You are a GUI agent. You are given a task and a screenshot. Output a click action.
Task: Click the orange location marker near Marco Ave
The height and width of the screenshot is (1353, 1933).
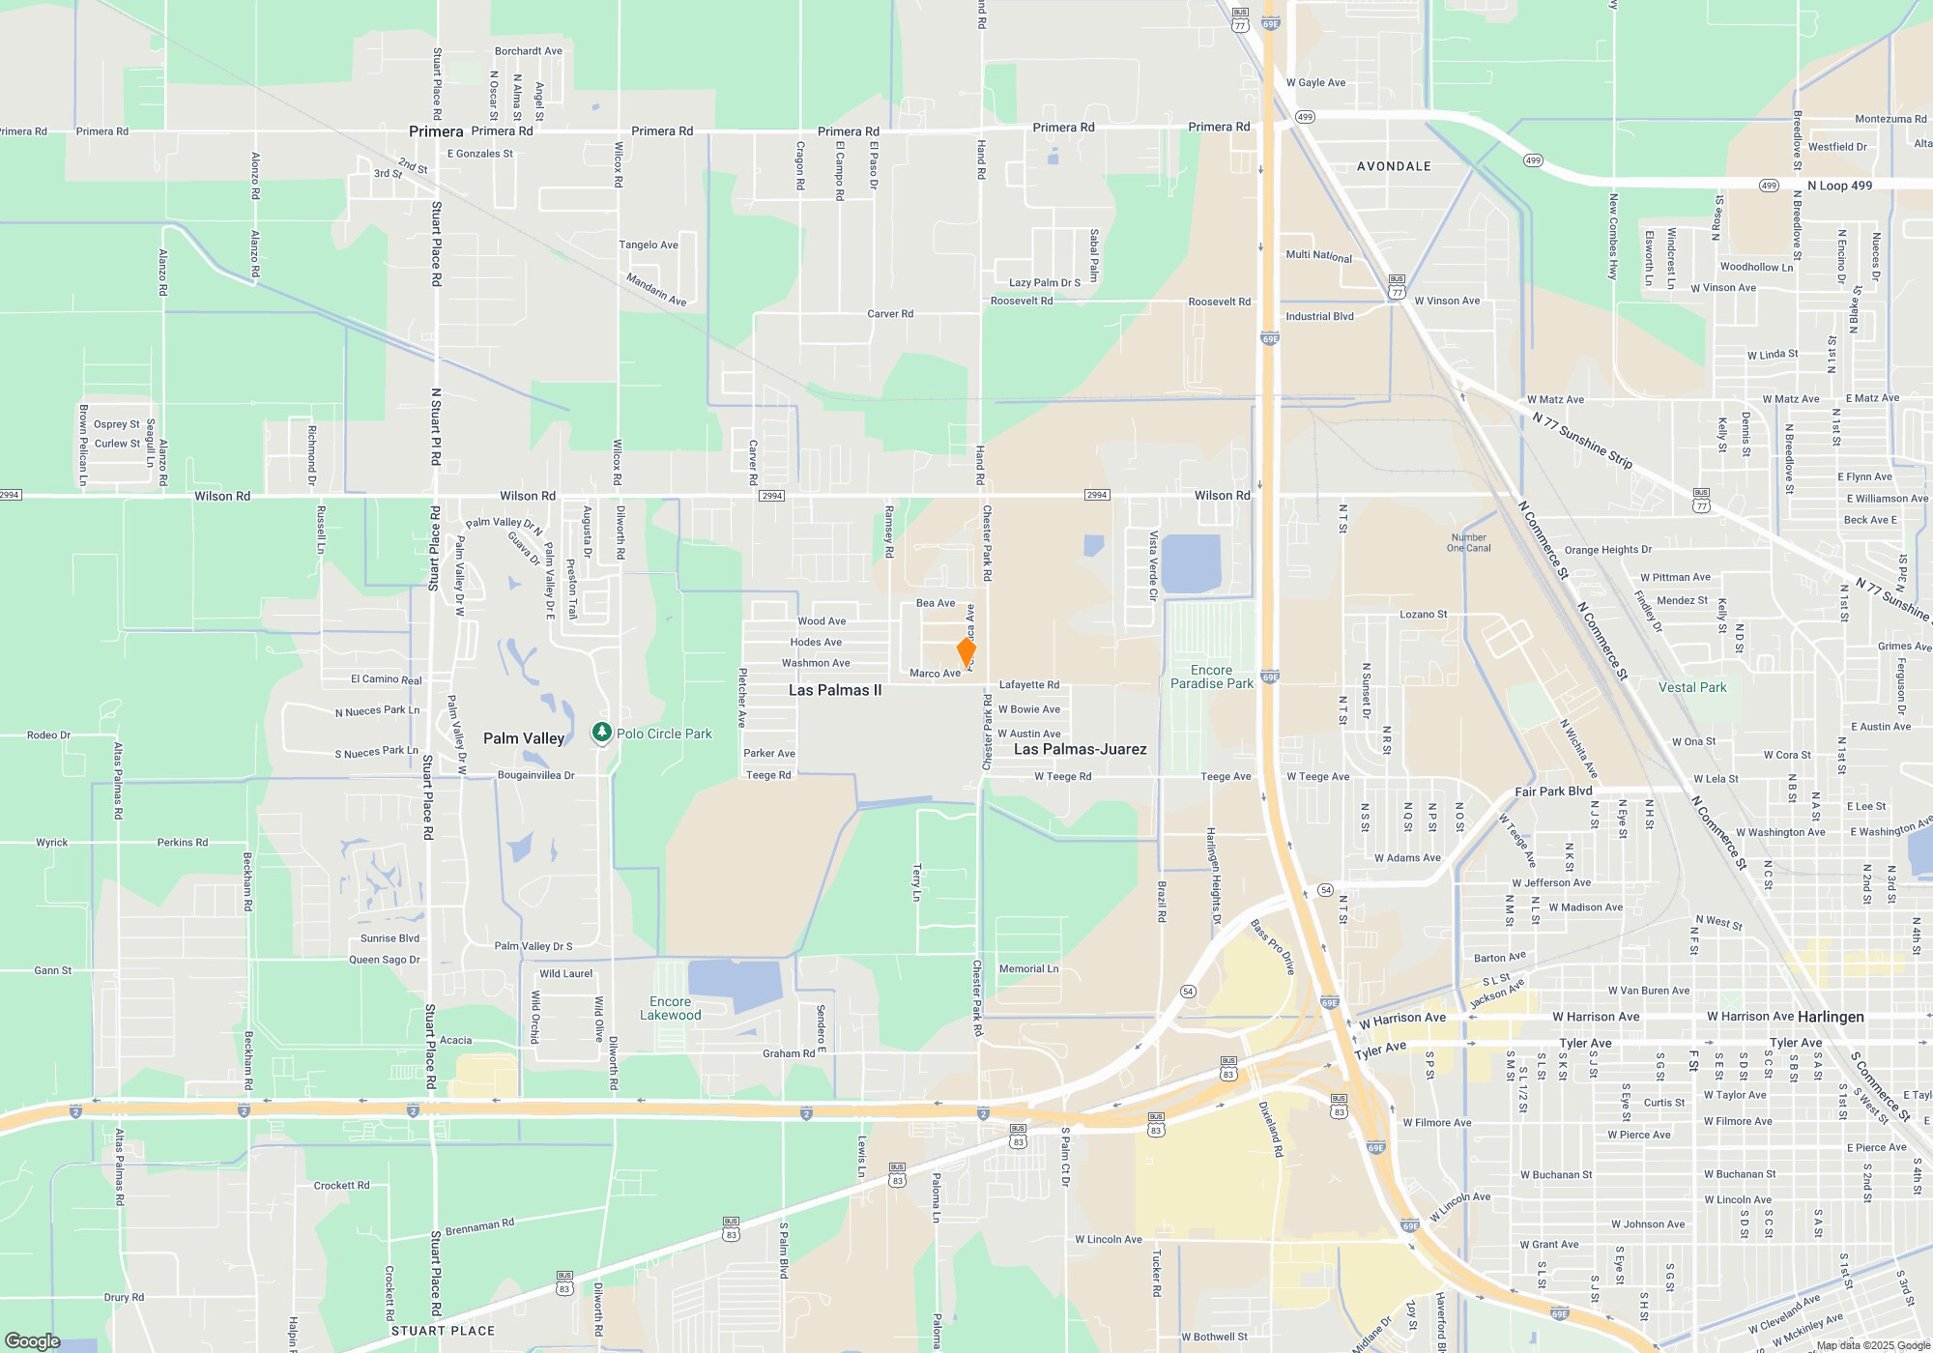(966, 651)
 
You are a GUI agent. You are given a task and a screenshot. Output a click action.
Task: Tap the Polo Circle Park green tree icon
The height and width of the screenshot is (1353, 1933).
(602, 734)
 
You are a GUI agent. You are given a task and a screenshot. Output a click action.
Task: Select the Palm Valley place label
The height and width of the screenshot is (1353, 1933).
(524, 738)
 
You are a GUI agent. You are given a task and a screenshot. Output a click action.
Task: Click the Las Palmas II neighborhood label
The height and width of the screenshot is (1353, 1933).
(835, 690)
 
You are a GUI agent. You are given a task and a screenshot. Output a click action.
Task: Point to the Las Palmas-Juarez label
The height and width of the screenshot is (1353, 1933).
(1080, 749)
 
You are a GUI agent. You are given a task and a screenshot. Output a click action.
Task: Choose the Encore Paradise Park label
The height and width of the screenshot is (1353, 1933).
(1212, 676)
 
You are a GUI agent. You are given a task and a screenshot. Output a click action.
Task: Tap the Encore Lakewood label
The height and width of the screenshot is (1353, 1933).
(671, 1008)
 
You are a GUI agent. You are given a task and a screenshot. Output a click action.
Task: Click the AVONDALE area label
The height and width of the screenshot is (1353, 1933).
(1394, 166)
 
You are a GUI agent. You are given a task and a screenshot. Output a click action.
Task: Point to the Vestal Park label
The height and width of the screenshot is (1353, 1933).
(1692, 687)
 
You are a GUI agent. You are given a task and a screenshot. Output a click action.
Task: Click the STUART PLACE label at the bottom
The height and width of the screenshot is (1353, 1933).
(443, 1331)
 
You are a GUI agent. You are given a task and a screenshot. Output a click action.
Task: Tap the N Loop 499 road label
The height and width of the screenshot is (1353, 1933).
(1839, 186)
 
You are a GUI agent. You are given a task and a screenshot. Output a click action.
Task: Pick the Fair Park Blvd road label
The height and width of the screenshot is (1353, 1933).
(1553, 792)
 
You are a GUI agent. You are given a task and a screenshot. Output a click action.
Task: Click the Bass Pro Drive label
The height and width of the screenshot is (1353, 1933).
(1272, 946)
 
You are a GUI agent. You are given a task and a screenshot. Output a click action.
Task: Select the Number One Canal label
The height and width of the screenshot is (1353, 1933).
(1468, 543)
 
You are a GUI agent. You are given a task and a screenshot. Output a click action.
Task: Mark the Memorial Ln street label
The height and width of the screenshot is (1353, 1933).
(1028, 968)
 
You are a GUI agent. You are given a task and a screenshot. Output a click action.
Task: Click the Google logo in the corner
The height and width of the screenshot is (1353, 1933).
(33, 1340)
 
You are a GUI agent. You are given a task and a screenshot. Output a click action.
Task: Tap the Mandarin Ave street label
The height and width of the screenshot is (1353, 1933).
(656, 289)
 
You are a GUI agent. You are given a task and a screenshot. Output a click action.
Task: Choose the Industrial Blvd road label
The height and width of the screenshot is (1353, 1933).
(1319, 316)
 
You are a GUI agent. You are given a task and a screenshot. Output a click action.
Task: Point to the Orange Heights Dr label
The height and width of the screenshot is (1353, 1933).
(1607, 550)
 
